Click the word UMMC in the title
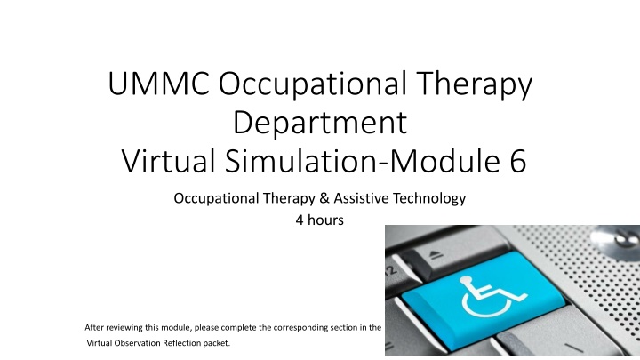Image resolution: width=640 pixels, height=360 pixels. click(159, 84)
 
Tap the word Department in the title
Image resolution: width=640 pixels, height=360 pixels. click(320, 123)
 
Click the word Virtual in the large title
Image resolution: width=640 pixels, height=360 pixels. click(168, 160)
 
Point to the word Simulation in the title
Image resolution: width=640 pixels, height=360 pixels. click(301, 160)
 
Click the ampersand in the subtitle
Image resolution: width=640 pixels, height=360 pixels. click(324, 198)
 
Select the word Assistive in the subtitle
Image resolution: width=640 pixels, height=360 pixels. click(361, 198)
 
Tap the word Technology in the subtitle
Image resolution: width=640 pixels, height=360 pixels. click(429, 199)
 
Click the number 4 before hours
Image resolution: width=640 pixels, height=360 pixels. click(300, 220)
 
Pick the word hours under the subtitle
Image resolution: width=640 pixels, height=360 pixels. click(325, 220)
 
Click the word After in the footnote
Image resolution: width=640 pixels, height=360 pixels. click(93, 327)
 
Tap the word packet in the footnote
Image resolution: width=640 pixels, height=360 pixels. click(217, 343)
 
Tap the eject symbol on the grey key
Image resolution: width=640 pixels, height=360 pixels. click(436, 255)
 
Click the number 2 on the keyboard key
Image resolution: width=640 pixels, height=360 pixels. click(391, 270)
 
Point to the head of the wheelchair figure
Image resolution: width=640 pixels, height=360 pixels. click(465, 280)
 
